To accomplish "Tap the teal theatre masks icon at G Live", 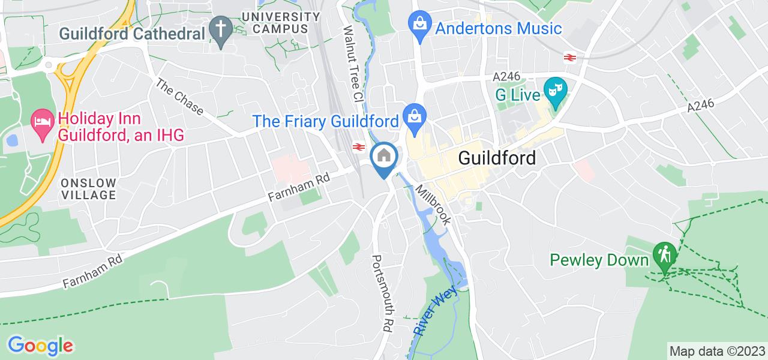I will [555, 92].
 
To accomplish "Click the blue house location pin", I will [384, 157].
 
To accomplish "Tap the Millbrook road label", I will [433, 205].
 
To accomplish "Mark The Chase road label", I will [179, 96].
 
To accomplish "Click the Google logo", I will [40, 346].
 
